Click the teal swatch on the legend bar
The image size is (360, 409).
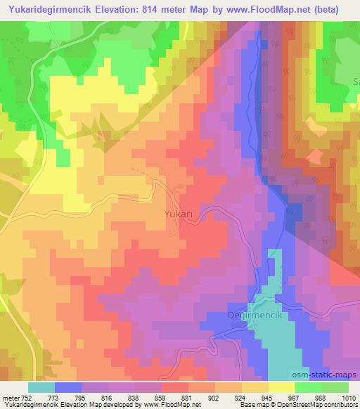click(x=41, y=387)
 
